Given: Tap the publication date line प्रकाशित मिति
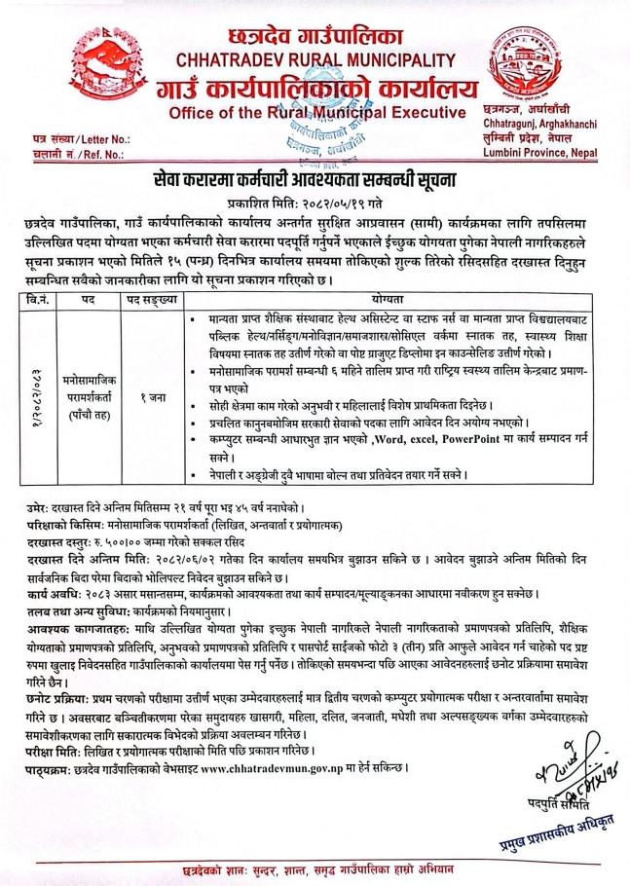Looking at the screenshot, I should point(314,207).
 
